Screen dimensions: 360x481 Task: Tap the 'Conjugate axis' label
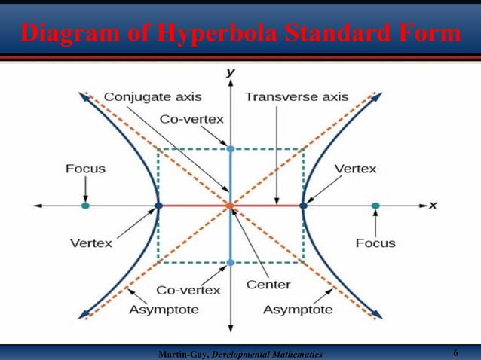(152, 97)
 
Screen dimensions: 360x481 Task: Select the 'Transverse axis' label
(296, 97)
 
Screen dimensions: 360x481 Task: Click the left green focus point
(85, 205)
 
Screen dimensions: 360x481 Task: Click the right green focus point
(375, 205)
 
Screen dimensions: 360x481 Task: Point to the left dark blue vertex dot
(158, 205)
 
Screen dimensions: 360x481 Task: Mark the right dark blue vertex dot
(303, 205)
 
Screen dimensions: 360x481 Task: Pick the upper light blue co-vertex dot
(231, 149)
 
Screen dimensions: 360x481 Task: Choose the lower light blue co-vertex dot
(231, 262)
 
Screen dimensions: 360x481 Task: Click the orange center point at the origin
(231, 205)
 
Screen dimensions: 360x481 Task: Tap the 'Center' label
(268, 285)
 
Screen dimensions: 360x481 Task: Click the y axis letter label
(231, 72)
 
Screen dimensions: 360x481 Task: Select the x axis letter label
(434, 205)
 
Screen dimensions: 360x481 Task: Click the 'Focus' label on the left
(85, 169)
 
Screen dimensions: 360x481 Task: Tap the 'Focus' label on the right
(375, 243)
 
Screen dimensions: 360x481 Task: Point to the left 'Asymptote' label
(164, 310)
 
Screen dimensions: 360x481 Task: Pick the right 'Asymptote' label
(297, 310)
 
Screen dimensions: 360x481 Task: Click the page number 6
(456, 353)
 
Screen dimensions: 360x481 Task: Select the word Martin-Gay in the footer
(182, 354)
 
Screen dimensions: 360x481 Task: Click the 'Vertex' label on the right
(355, 169)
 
